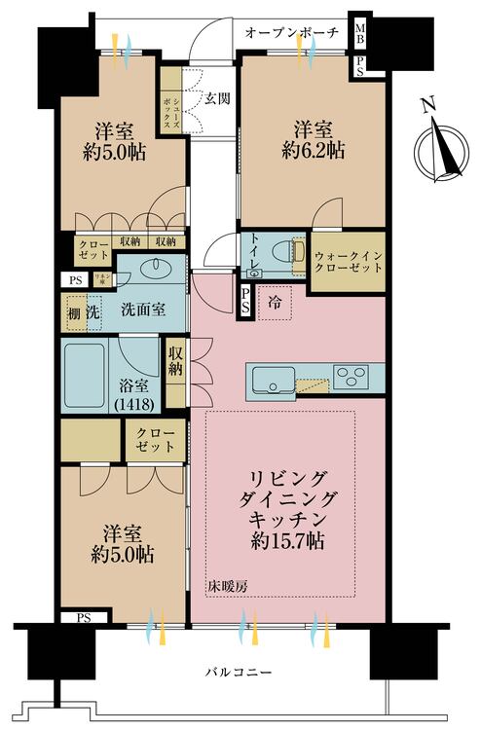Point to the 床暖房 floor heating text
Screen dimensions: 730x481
[x=225, y=586]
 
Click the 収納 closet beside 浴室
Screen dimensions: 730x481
[x=176, y=362]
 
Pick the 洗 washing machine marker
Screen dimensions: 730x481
[x=92, y=312]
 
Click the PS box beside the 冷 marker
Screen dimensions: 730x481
[x=245, y=302]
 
